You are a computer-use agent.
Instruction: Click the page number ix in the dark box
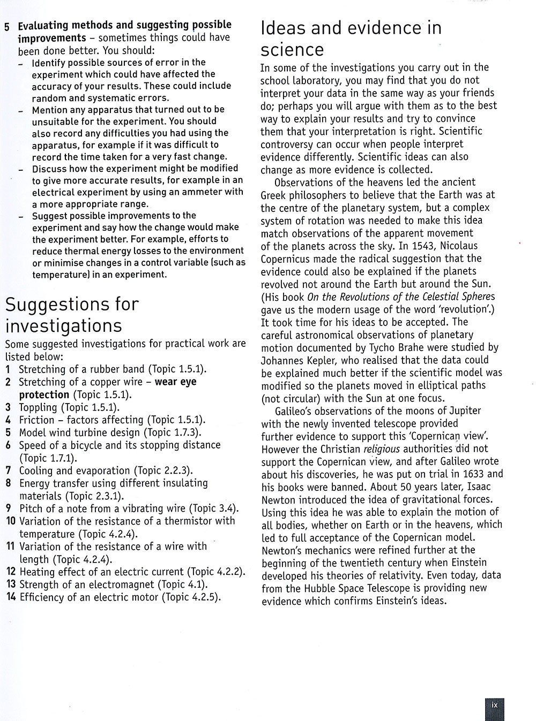pos(494,705)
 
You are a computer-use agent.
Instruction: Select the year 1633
pos(465,474)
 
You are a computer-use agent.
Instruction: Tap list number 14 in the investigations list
pos(11,597)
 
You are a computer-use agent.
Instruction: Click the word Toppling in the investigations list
pos(38,407)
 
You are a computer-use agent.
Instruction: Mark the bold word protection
pos(44,395)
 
